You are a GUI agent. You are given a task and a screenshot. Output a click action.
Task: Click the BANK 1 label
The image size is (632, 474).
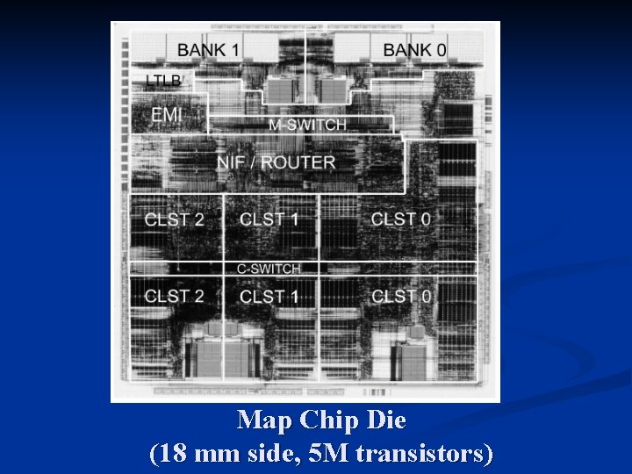coord(209,49)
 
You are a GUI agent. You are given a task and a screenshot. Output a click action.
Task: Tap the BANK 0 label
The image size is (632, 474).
coord(414,49)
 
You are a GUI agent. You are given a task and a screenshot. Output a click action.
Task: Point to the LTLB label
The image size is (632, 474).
coord(163,82)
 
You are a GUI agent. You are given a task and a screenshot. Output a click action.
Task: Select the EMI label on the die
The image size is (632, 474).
coord(167,115)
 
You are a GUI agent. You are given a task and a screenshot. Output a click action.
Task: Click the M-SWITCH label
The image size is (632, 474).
coord(307,125)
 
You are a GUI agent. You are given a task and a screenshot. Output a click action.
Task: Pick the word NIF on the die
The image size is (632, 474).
coord(233,162)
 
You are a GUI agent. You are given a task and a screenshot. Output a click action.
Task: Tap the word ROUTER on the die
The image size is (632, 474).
coord(298,162)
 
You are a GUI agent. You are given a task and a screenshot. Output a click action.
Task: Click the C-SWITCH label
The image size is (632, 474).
coord(269,269)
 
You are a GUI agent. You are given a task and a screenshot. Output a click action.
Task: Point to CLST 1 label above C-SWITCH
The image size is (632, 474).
coord(269,219)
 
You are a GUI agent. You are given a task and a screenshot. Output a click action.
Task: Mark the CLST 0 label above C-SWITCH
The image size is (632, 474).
coord(400,219)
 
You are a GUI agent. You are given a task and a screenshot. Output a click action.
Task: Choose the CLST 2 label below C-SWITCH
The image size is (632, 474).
coord(174,296)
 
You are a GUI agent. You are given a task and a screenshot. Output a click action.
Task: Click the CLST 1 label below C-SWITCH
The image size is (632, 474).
coord(269,297)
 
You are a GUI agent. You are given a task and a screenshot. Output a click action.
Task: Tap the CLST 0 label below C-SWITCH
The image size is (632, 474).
coord(401,296)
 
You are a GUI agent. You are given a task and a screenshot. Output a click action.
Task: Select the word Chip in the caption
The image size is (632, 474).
coord(329,421)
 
